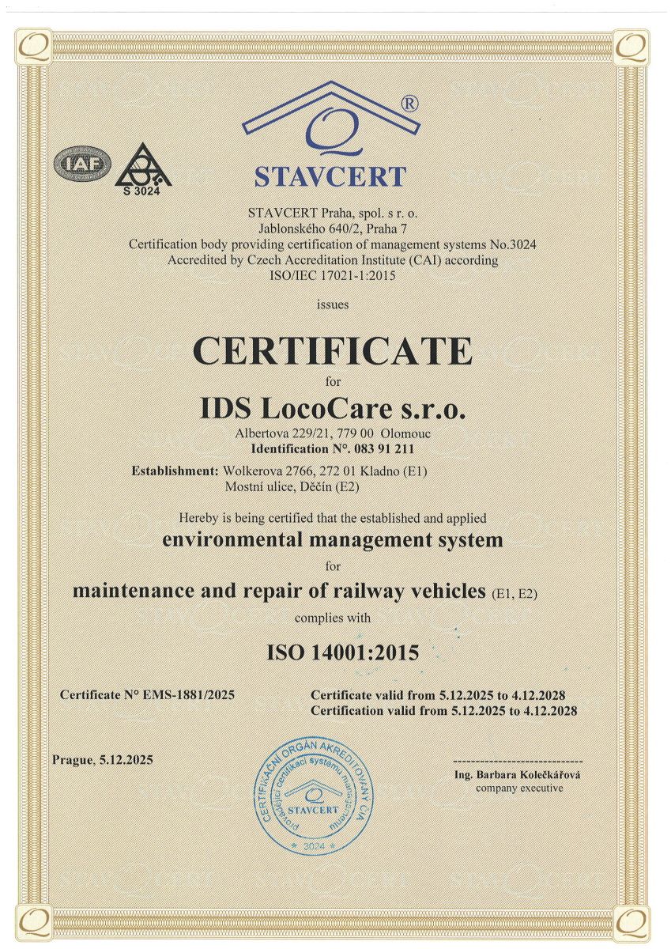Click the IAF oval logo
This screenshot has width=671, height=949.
tap(80, 164)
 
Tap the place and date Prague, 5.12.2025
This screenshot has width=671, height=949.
tap(103, 760)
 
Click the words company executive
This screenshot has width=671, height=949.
tap(519, 788)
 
